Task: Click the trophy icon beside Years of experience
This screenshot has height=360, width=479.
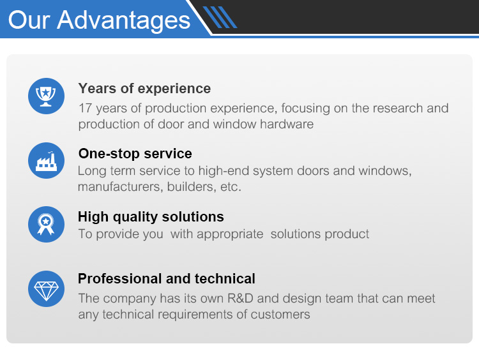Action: click(46, 96)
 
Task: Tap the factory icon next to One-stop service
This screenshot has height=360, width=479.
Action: click(46, 161)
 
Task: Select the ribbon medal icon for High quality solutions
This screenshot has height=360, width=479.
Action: click(46, 225)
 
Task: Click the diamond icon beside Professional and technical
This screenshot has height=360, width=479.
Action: click(46, 289)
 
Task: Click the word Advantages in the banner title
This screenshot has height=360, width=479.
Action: click(124, 20)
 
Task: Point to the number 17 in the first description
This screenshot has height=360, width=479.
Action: click(85, 108)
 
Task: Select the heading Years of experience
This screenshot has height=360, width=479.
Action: click(144, 89)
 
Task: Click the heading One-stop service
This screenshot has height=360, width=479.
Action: click(135, 153)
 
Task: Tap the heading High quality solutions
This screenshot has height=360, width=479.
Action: click(151, 217)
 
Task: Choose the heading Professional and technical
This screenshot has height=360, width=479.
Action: click(167, 278)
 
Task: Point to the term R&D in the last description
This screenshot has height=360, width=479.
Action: click(240, 298)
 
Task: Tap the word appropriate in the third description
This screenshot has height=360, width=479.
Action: click(230, 234)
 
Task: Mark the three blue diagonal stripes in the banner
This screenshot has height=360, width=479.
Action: click(220, 17)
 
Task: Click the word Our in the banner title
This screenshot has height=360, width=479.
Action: click(29, 20)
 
